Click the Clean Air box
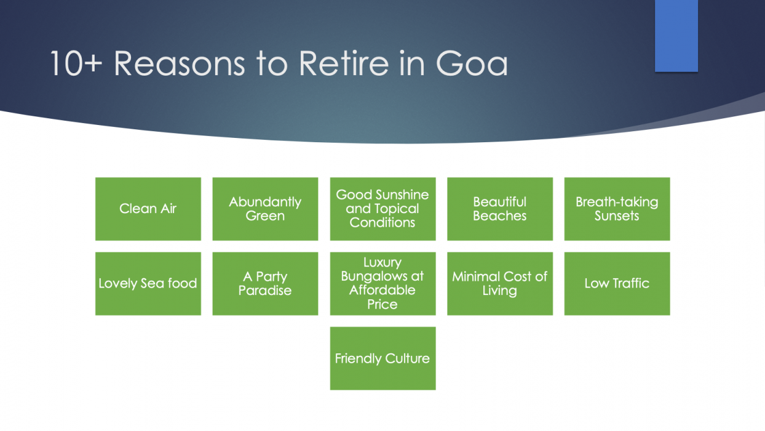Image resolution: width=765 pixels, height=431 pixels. (x=148, y=209)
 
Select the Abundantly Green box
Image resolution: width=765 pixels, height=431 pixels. (x=265, y=209)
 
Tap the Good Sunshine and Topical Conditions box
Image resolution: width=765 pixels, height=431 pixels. (x=382, y=209)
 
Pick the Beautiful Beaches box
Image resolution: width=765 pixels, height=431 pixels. (x=499, y=209)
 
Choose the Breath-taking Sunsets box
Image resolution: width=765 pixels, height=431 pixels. (x=617, y=209)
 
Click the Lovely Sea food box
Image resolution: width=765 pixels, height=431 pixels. (x=148, y=283)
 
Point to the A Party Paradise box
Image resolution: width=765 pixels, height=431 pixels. (x=265, y=283)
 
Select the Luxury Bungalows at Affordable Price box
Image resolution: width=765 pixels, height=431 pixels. (x=382, y=283)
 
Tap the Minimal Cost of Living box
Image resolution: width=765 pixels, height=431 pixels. (x=499, y=283)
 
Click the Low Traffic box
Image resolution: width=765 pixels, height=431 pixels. (x=617, y=283)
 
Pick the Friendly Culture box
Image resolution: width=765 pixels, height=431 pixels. (x=382, y=358)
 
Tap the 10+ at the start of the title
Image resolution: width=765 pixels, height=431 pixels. (x=76, y=63)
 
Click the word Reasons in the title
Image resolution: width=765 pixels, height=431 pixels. (x=193, y=63)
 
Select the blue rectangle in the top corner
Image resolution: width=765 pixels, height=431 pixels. (x=676, y=35)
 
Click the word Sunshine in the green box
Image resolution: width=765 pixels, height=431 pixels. (x=403, y=195)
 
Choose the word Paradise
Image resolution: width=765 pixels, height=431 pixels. (x=265, y=291)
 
